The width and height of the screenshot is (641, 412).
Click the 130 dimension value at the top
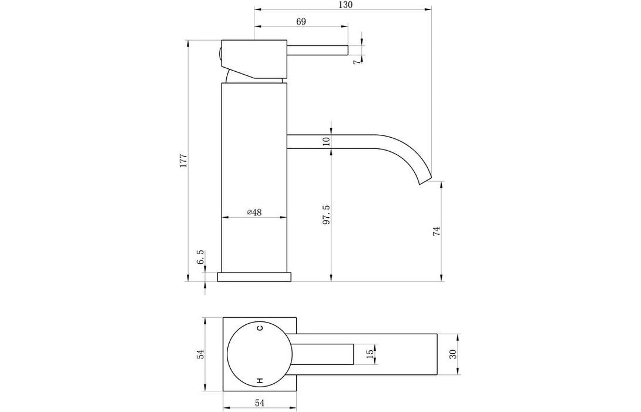pos(345,5)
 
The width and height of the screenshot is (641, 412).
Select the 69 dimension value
pos(301,22)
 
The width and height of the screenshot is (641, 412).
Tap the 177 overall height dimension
pos(183,161)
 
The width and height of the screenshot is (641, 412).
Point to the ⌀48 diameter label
pos(254,212)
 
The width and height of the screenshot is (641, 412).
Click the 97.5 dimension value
pos(327,215)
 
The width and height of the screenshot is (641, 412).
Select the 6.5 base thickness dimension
pos(200,257)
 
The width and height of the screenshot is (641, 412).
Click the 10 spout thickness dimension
pos(327,141)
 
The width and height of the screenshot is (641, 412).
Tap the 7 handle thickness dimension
pos(357,61)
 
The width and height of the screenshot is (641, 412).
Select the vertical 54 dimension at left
pos(200,354)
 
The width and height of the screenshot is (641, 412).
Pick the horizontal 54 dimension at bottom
pos(259,402)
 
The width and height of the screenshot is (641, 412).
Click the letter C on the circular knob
pos(259,329)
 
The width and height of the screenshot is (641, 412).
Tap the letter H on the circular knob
pos(259,380)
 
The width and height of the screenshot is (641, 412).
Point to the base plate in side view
pos(254,277)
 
